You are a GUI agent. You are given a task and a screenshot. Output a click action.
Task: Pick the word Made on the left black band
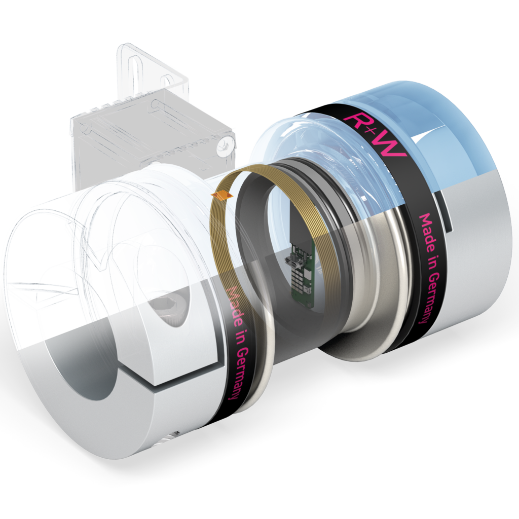(x=233, y=307)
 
